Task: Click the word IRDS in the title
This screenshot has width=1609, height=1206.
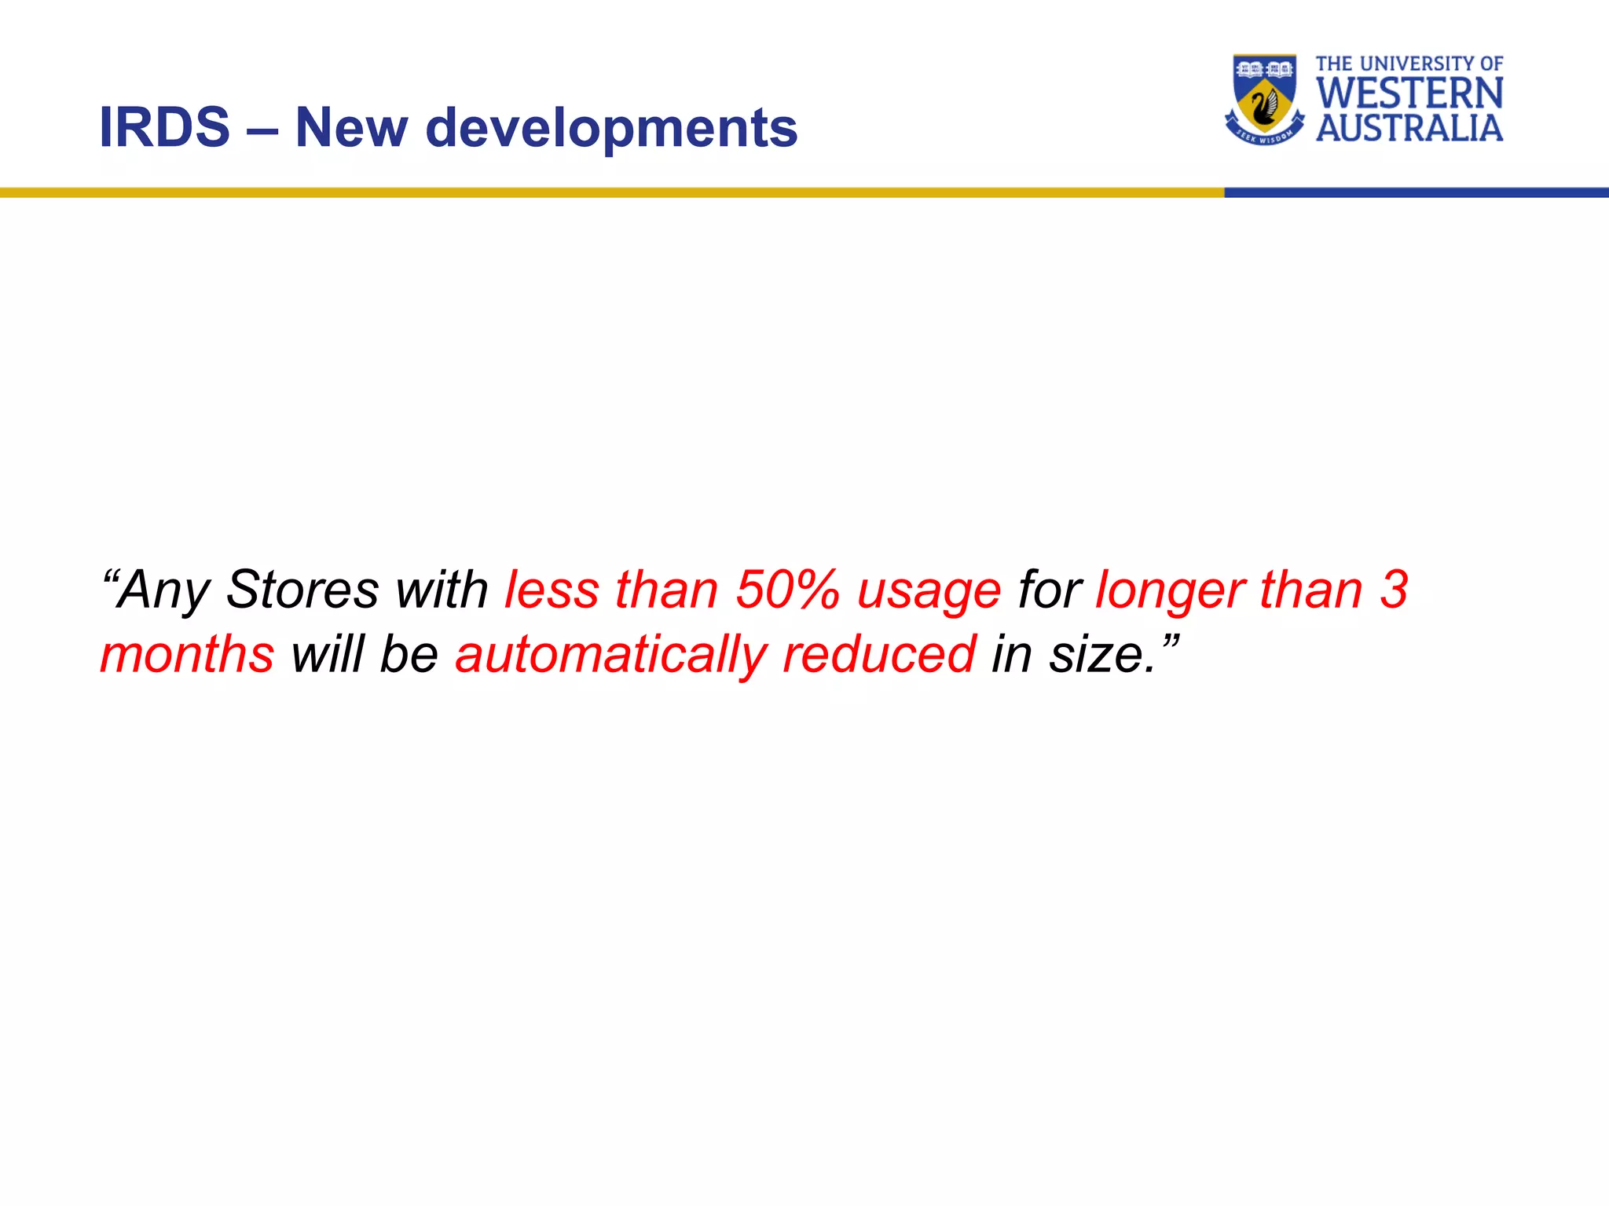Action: pos(164,128)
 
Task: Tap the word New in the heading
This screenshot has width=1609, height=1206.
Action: pos(351,128)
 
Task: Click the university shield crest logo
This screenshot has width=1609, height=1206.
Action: pos(1264,99)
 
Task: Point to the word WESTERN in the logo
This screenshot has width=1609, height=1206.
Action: pos(1409,93)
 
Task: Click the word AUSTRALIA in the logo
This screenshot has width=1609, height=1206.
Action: pos(1409,129)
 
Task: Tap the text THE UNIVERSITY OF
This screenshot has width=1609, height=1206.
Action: pos(1409,64)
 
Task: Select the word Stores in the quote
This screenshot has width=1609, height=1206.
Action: pos(302,590)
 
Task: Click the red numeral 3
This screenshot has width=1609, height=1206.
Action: pos(1394,590)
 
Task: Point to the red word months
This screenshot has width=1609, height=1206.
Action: pos(187,654)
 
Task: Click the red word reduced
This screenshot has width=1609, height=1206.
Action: pos(879,654)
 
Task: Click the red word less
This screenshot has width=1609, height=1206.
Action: pos(552,590)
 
